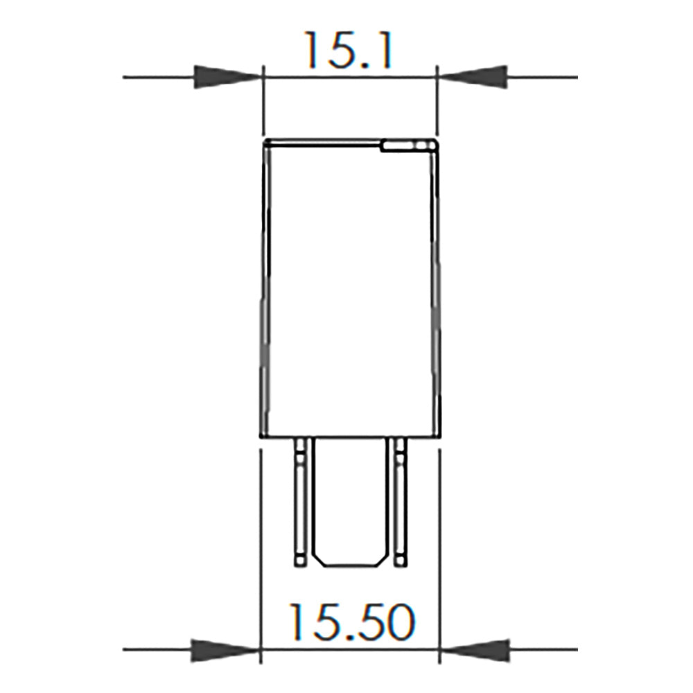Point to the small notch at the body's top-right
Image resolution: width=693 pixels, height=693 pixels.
click(407, 146)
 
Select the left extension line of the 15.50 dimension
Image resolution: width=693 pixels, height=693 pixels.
click(260, 554)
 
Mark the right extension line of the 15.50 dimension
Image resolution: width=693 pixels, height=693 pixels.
click(439, 554)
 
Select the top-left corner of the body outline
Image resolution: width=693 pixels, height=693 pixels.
click(264, 141)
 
